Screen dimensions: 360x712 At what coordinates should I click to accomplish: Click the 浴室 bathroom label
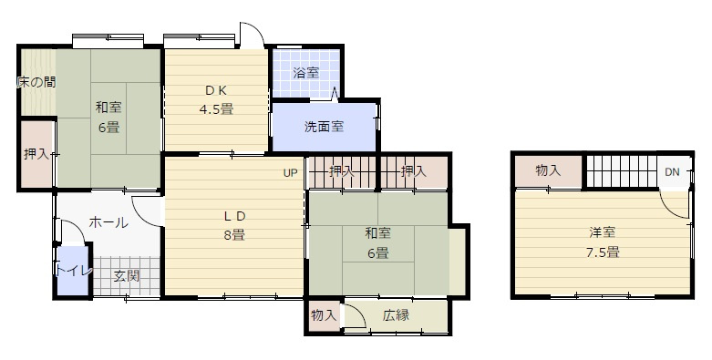(306, 72)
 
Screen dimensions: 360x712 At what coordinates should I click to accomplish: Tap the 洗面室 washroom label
(324, 127)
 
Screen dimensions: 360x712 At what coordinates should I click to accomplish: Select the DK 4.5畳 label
(216, 99)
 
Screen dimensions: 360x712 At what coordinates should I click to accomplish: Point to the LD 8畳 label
(234, 224)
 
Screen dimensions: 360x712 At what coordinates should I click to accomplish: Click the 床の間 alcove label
(36, 82)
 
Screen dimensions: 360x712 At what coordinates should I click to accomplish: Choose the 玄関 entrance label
(126, 276)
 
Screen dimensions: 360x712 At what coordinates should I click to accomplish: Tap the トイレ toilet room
(71, 271)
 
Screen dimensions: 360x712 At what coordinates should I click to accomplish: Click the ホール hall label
(108, 222)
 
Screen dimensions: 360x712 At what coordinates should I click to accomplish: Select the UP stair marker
(290, 173)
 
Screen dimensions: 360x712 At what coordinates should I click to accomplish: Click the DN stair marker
(671, 172)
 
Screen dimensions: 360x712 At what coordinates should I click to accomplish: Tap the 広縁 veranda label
(396, 316)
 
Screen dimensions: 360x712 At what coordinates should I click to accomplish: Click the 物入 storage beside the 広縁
(324, 316)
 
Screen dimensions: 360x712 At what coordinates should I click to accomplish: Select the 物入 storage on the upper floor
(547, 170)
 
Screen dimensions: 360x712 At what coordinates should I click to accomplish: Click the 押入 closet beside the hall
(36, 155)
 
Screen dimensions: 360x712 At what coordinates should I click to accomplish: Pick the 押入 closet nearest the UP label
(342, 170)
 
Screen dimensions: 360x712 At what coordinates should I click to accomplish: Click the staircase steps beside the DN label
(620, 170)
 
